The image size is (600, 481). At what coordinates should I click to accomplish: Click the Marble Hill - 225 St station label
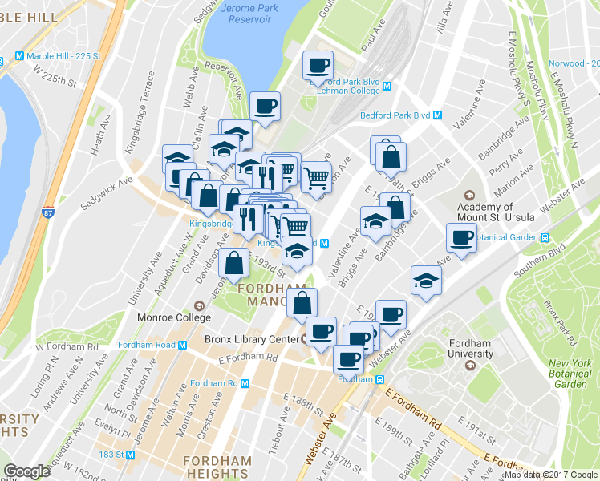(x=63, y=56)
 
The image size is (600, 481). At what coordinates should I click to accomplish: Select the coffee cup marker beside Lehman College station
(x=318, y=66)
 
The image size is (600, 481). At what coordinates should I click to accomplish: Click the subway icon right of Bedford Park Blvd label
(x=437, y=115)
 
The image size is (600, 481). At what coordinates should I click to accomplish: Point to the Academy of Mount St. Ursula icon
(x=468, y=196)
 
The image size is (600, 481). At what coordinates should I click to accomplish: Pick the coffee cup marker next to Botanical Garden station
(x=461, y=237)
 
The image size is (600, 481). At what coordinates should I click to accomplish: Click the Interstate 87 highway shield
(x=50, y=213)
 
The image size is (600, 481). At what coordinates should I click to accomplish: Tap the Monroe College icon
(x=198, y=305)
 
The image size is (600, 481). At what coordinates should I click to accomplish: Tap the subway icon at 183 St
(x=128, y=454)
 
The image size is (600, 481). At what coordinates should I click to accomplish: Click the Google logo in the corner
(x=26, y=471)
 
